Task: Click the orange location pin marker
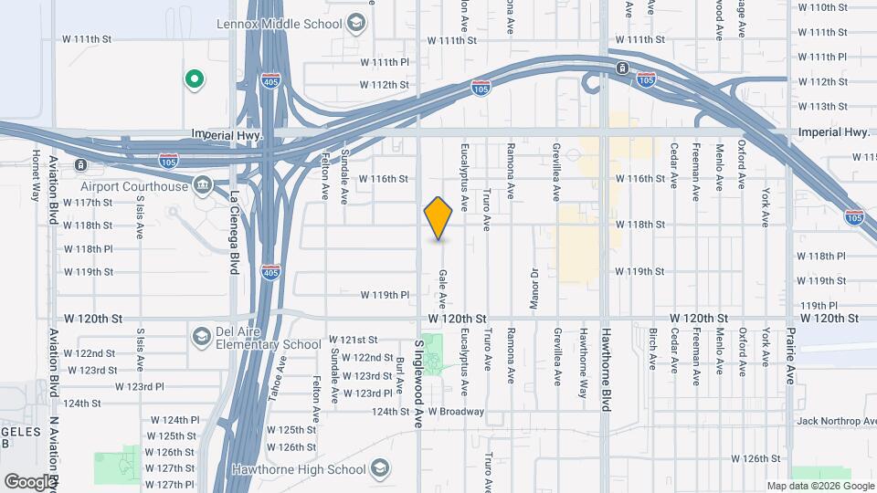click(438, 217)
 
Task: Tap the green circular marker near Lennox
click(194, 79)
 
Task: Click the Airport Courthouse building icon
click(202, 187)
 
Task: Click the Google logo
click(29, 481)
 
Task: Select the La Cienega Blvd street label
click(234, 218)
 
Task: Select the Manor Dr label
click(534, 282)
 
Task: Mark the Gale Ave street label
click(442, 288)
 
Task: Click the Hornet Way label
click(37, 174)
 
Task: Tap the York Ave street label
click(766, 208)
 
